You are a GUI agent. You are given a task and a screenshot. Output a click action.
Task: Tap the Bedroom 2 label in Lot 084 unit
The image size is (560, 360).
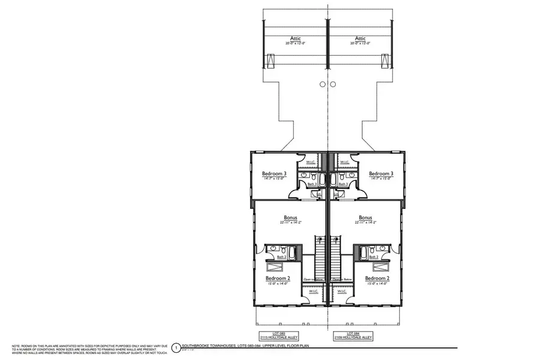pos(377,278)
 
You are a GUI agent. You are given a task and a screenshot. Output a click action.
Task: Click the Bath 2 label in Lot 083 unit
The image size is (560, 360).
pos(273,257)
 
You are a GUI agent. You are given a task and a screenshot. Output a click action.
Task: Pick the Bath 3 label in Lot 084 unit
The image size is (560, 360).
pos(343,184)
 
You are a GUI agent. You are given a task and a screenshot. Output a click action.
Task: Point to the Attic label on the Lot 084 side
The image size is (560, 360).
pos(360,38)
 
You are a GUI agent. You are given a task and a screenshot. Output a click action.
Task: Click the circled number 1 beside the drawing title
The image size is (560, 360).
pos(176,347)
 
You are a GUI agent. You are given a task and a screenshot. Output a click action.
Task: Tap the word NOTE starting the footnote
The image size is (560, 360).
pos(17,346)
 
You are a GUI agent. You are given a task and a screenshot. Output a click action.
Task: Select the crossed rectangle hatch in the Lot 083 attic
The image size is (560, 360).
pos(270,61)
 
